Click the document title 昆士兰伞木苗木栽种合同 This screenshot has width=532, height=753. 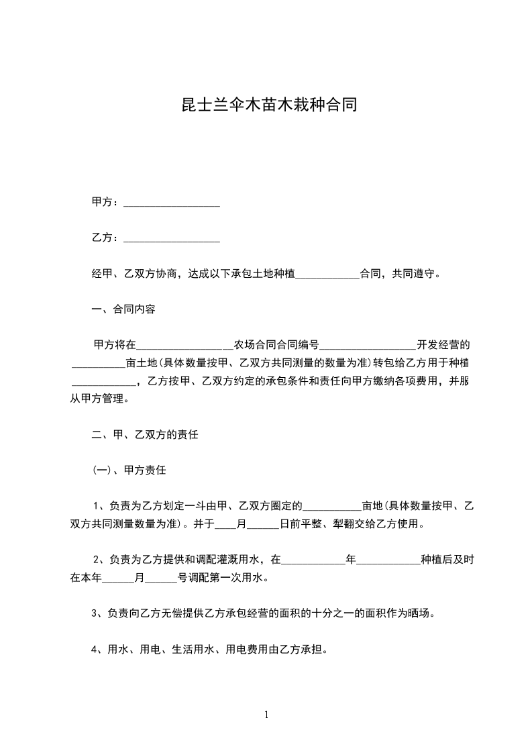pyautogui.click(x=266, y=105)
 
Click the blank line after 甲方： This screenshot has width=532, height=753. pyautogui.click(x=172, y=203)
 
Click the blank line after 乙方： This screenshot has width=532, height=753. pyautogui.click(x=172, y=238)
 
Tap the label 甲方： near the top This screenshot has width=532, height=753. pyautogui.click(x=106, y=202)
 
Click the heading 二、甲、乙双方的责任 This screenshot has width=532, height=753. pyautogui.click(x=145, y=434)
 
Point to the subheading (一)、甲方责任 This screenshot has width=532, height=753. pyautogui.click(x=129, y=470)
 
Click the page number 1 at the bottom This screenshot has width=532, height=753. pyautogui.click(x=266, y=715)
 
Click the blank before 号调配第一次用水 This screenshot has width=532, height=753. pyautogui.click(x=161, y=577)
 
